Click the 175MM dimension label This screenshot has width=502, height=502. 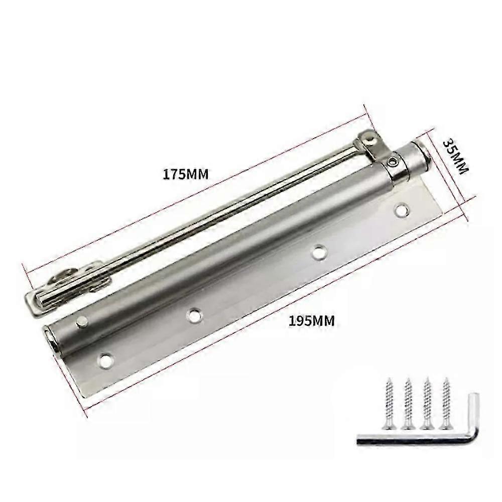pos(186,175)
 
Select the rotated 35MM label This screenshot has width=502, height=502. pos(456,156)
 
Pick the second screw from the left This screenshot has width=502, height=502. pos(408,404)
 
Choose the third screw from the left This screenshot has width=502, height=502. pos(426,404)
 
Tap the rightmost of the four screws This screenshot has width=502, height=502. pos(445,404)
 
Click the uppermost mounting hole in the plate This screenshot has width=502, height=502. pos(402,210)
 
